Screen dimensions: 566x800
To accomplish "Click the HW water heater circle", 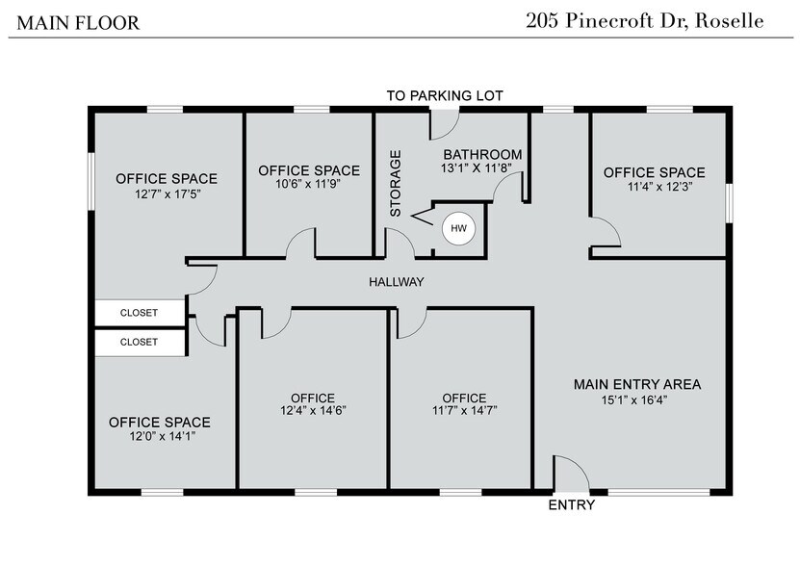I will tap(457, 228).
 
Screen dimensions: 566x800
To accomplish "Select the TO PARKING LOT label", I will tap(445, 95).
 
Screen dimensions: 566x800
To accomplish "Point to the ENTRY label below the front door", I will tap(571, 505).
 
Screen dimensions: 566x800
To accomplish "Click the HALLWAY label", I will tap(397, 282).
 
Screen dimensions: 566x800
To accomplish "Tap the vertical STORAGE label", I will tap(394, 183).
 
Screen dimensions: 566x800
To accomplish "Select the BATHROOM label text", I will tap(482, 154).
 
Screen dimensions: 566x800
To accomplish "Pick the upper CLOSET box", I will tap(139, 313).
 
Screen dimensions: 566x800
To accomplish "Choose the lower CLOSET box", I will tap(139, 342).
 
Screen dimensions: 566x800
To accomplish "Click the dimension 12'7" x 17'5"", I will tap(167, 193).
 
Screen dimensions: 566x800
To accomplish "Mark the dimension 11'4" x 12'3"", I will tap(655, 187).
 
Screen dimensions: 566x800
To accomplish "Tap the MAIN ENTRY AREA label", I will tap(637, 384).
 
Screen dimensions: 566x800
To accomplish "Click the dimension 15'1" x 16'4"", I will tap(637, 399).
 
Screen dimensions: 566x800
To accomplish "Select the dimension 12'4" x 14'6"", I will tap(313, 410).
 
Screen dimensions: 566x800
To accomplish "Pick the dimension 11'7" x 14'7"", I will tap(464, 410).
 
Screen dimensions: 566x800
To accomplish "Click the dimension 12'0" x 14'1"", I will tap(160, 437).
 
